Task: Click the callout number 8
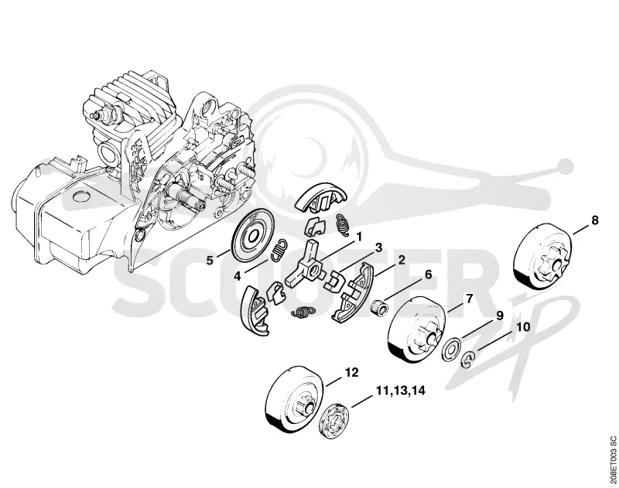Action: pyautogui.click(x=594, y=220)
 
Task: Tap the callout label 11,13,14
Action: pyautogui.click(x=400, y=391)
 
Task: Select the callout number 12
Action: pyautogui.click(x=352, y=372)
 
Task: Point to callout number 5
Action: pyautogui.click(x=210, y=260)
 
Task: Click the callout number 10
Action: pyautogui.click(x=523, y=327)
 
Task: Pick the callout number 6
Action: pyautogui.click(x=428, y=274)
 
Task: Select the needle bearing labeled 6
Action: pyautogui.click(x=380, y=307)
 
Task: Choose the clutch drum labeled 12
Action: pyautogui.click(x=296, y=398)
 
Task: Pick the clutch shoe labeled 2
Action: pyautogui.click(x=352, y=294)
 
